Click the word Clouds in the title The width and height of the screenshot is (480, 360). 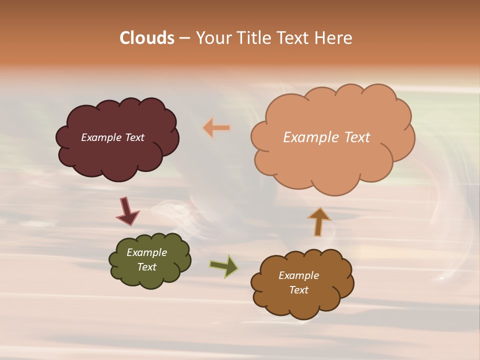[147, 38]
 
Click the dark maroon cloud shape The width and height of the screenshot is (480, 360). [117, 155]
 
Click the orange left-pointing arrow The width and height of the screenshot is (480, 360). [216, 128]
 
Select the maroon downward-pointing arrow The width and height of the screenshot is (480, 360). [127, 211]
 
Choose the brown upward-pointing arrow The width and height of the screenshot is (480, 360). [319, 221]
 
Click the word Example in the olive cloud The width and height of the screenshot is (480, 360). [146, 252]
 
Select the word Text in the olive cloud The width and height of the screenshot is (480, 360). [146, 267]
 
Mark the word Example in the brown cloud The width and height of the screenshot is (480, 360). [298, 275]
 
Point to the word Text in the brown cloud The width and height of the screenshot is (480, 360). [298, 290]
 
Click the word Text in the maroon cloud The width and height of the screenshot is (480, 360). [134, 137]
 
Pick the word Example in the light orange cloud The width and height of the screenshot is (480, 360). [309, 137]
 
